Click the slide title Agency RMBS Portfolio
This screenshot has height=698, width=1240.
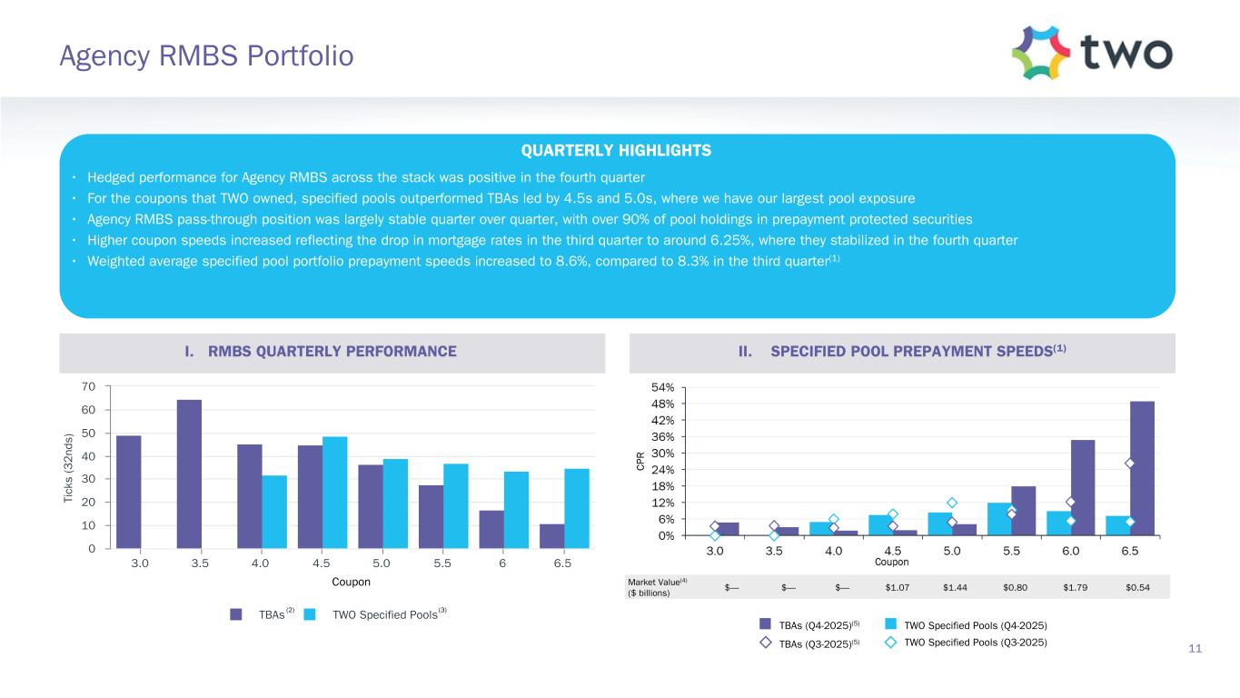point(205,56)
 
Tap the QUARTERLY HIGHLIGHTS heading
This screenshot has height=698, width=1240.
point(617,151)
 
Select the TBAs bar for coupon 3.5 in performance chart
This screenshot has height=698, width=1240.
point(189,474)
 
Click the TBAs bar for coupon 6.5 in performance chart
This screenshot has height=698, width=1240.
point(551,536)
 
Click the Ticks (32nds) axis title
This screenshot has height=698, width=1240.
point(69,468)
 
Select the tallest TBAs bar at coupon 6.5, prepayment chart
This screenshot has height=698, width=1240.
point(1142,468)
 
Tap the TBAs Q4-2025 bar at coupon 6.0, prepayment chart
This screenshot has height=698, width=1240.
point(1083,487)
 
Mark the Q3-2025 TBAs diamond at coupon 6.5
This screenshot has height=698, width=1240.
point(1130,464)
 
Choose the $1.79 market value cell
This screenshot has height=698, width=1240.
point(1077,587)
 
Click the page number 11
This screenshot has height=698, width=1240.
point(1195,648)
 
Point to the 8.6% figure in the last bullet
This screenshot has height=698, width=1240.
point(573,262)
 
